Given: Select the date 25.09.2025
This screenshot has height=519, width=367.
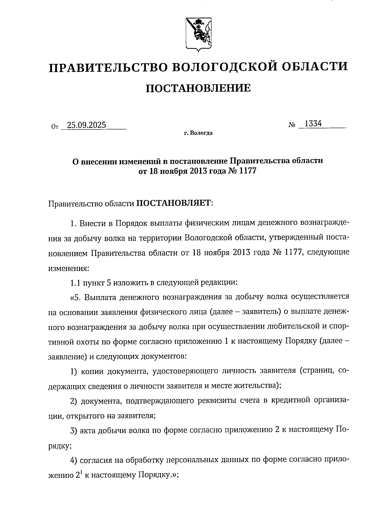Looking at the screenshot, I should coord(87,125).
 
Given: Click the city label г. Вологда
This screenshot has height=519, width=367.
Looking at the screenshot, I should coord(198,133).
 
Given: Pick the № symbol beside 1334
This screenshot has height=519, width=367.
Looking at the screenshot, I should coord(292,125).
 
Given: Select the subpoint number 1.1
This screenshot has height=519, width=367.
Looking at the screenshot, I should coord(75,283).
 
